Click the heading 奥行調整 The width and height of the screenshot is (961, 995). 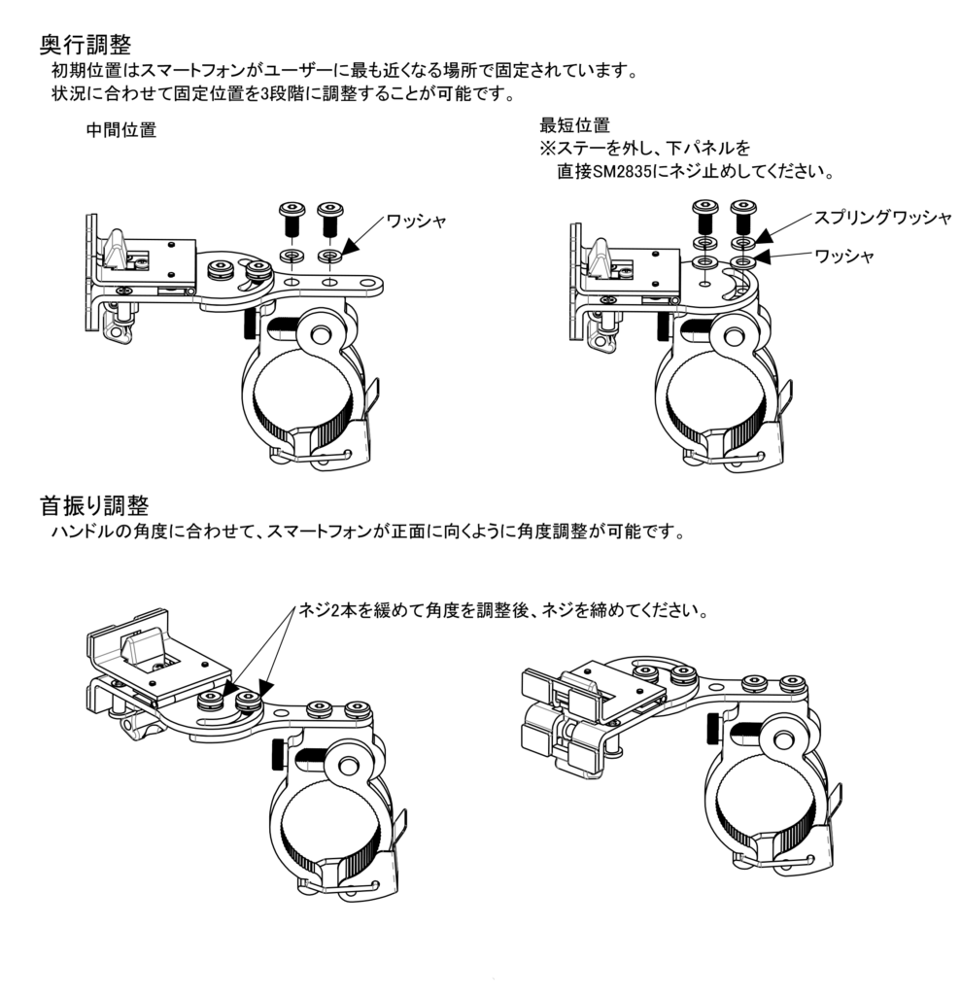92,45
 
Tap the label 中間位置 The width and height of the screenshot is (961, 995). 121,130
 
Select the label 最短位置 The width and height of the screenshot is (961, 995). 574,125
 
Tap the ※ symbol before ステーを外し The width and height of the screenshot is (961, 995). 547,149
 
